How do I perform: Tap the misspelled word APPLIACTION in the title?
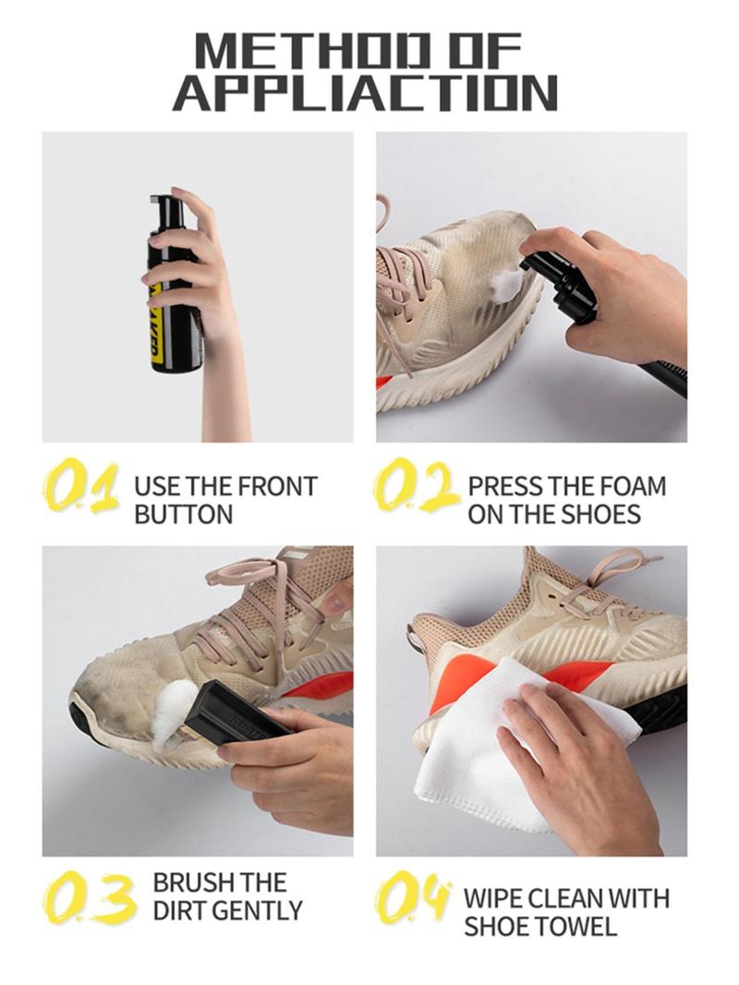click(365, 93)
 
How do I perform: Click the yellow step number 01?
click(81, 488)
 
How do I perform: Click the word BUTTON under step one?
click(183, 515)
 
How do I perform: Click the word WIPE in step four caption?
click(491, 898)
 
